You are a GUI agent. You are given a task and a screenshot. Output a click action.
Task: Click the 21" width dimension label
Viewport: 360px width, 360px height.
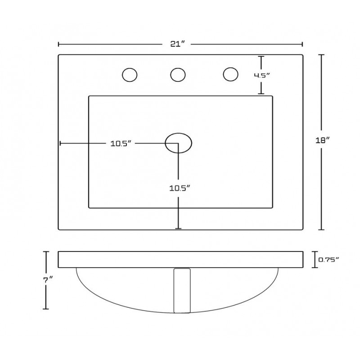coord(177,44)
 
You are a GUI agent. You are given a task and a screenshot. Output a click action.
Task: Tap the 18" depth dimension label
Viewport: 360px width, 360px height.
coord(322,140)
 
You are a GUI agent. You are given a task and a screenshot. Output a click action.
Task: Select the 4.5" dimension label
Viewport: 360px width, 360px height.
coord(261,75)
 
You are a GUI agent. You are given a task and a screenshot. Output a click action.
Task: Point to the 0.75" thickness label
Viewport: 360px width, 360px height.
coord(328,260)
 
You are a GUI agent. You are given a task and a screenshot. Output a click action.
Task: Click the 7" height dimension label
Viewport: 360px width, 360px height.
coord(48,280)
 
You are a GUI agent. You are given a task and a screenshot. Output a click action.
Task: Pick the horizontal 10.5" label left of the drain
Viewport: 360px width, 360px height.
coord(121,144)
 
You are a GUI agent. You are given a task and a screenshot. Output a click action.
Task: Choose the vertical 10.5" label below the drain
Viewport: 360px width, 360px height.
coord(180,188)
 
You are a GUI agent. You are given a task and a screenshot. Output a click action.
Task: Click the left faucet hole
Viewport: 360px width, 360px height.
coord(130,75)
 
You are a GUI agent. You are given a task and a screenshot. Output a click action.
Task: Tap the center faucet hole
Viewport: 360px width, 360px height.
coord(178,75)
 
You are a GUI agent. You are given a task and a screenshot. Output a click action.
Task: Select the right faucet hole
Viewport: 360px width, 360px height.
coord(230,74)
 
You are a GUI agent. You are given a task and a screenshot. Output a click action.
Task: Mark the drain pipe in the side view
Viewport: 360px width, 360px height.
coord(182,290)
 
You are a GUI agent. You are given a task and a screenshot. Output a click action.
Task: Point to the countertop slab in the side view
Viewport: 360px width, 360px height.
coord(180,260)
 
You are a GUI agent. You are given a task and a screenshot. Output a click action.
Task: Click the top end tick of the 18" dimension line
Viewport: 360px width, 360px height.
coord(321,55)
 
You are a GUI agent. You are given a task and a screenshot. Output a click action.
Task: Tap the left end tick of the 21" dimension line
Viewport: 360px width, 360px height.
coord(59,44)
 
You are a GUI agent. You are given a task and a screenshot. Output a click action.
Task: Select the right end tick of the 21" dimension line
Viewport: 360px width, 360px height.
coord(302,44)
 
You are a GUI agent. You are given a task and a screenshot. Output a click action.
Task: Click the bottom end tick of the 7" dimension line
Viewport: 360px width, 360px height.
coord(46,309)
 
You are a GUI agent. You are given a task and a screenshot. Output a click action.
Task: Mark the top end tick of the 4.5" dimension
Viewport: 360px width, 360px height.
coord(261,57)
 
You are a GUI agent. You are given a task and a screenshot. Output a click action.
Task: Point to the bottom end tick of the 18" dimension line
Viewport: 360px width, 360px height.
coord(321,229)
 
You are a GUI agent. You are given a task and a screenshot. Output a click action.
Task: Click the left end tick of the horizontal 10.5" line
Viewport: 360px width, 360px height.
coord(60,143)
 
